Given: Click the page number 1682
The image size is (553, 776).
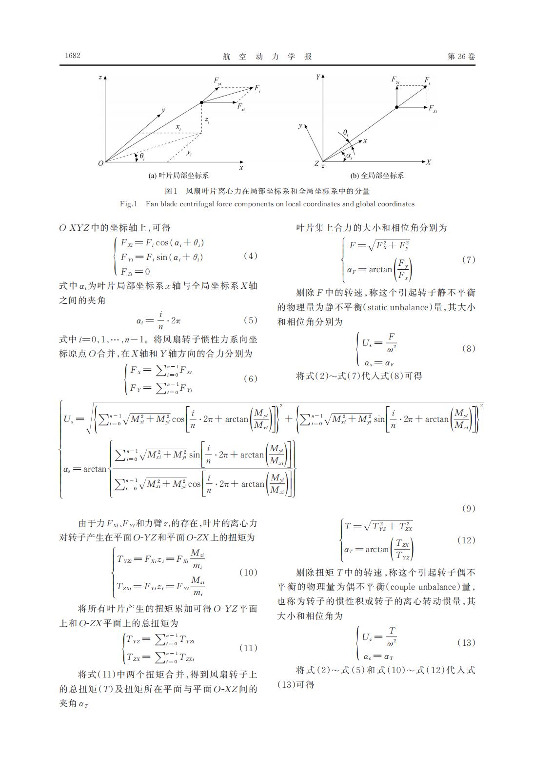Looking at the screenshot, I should click(x=73, y=56).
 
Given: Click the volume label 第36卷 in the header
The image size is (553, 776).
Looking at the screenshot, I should click(x=461, y=56).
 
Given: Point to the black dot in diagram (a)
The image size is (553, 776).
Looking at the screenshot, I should click(x=201, y=102).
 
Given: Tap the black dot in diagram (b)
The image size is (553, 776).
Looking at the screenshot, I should click(x=396, y=107).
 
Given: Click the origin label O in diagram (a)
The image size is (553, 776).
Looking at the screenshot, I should click(x=100, y=163).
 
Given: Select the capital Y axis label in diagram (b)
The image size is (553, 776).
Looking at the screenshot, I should click(x=317, y=77).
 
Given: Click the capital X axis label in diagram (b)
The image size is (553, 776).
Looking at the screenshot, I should click(x=428, y=162).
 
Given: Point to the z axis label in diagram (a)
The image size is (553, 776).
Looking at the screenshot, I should click(x=99, y=78).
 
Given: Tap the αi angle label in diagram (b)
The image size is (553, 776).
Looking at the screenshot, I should click(x=349, y=156).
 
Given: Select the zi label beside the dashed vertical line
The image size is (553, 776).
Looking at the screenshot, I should click(x=207, y=119).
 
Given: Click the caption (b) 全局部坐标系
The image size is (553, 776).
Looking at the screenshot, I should click(x=377, y=176).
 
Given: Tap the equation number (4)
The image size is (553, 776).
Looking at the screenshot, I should click(x=250, y=256).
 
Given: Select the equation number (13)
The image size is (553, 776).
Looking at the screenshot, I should click(x=466, y=642).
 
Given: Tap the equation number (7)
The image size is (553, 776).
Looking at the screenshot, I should click(x=468, y=259).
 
